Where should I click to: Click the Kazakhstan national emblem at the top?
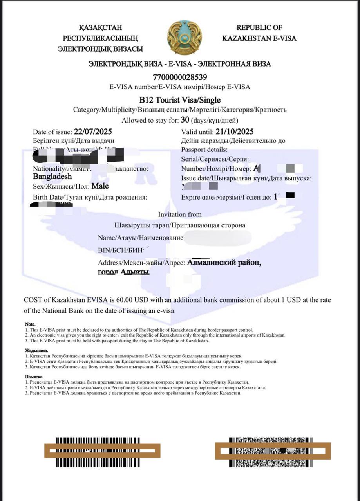point(185,38)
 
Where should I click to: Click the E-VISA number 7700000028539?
point(180,77)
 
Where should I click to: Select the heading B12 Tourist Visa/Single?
point(180,100)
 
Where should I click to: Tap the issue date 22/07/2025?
point(93,132)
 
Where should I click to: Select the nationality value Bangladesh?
point(52,177)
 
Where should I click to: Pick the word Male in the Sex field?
point(100,186)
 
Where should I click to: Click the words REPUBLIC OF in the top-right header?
point(259,27)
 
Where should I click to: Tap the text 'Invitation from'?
point(180,214)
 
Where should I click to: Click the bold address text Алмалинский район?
point(224,263)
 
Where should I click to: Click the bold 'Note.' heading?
point(30,324)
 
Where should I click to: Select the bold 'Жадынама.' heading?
point(36,351)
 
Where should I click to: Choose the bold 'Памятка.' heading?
point(34,377)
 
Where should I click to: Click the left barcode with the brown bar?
point(102,451)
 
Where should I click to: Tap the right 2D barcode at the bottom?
point(273,451)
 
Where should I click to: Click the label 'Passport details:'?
point(204,150)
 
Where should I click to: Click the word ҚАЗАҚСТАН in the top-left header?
point(100,27)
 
